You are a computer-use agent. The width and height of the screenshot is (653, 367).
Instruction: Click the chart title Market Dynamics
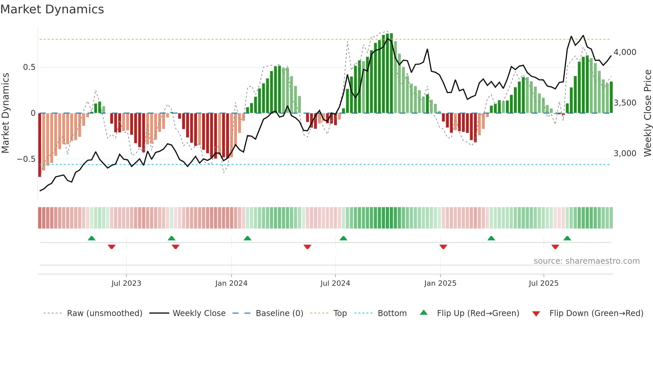click(x=52, y=9)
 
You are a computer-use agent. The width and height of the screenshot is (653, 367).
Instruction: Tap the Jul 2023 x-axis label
click(x=126, y=283)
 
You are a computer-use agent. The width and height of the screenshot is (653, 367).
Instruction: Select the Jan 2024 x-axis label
click(x=231, y=283)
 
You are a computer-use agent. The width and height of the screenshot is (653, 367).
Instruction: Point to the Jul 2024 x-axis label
click(x=335, y=283)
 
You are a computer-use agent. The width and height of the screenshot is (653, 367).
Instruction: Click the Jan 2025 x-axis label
click(x=440, y=283)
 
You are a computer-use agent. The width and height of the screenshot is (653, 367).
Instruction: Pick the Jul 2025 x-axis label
click(x=543, y=283)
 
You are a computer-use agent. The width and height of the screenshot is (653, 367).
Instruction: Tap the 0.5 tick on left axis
click(x=29, y=67)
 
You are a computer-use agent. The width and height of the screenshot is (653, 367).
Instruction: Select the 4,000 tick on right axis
click(x=625, y=52)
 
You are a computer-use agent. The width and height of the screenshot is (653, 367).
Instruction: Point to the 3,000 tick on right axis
click(x=625, y=154)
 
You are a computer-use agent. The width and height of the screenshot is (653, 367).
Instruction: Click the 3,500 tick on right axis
click(x=625, y=103)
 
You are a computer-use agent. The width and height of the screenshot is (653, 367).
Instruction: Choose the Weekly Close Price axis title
click(x=647, y=113)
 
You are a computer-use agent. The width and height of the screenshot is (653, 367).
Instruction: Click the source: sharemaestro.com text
click(x=586, y=261)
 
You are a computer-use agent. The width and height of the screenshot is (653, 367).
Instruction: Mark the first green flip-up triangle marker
click(x=92, y=238)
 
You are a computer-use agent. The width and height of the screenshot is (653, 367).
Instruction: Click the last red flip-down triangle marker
click(x=555, y=247)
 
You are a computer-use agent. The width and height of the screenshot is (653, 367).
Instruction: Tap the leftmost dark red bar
click(x=40, y=145)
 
